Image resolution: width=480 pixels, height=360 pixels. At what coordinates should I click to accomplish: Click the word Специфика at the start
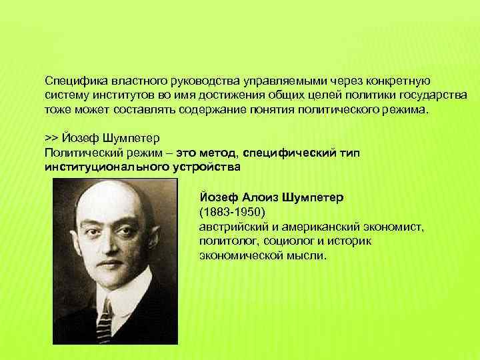(73, 77)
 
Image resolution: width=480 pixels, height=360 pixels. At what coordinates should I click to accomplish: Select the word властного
(131, 77)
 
